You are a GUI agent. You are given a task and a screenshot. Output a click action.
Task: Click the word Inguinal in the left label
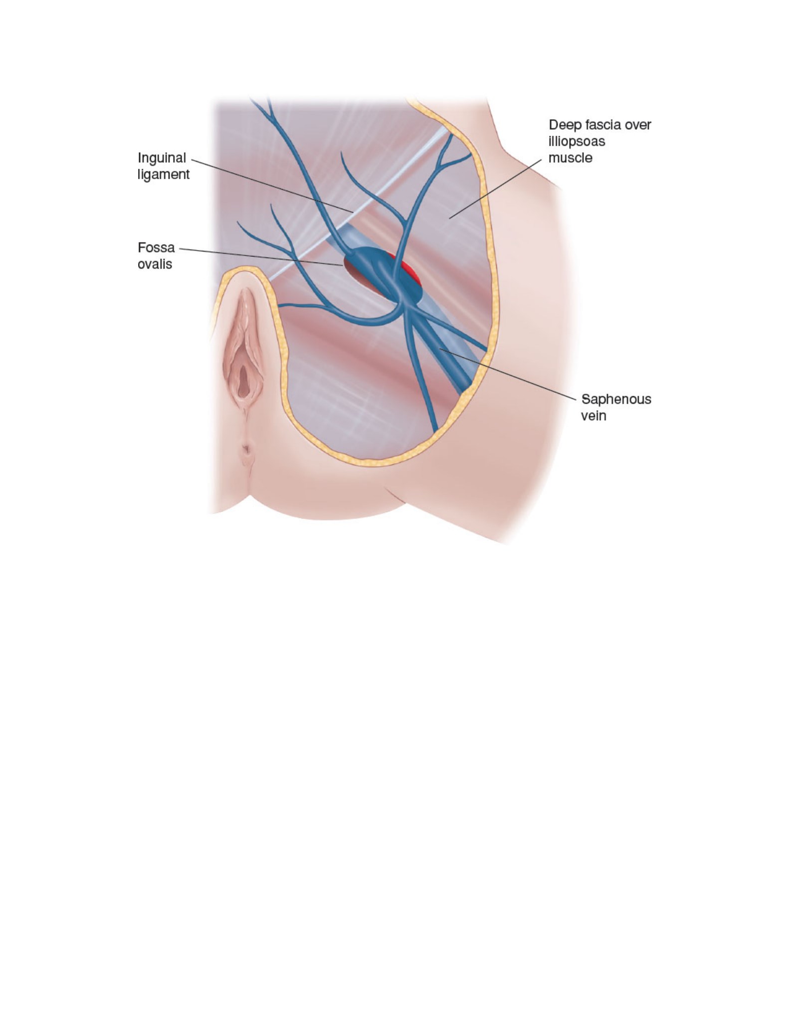(x=162, y=159)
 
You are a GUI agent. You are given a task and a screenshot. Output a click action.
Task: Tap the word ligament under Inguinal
(x=164, y=175)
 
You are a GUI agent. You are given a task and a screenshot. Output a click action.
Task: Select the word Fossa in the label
(x=156, y=248)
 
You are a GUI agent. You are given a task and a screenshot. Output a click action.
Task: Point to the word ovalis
(x=155, y=264)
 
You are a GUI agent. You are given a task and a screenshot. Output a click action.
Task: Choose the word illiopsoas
(x=577, y=142)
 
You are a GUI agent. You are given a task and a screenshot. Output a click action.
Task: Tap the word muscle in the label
(x=571, y=158)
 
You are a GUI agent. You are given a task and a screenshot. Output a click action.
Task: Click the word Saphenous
(x=616, y=400)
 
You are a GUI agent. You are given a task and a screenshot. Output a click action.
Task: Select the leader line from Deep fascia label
(x=494, y=188)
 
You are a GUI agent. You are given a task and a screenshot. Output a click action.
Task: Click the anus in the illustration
(x=246, y=453)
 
